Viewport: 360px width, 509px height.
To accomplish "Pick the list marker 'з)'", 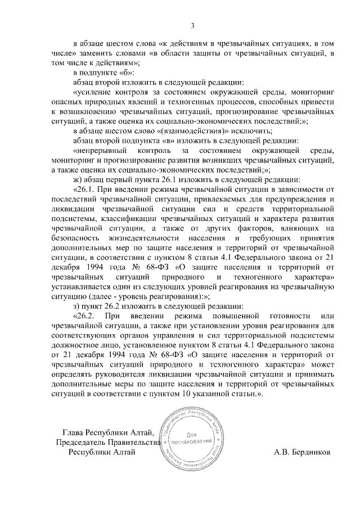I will click(78, 306).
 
